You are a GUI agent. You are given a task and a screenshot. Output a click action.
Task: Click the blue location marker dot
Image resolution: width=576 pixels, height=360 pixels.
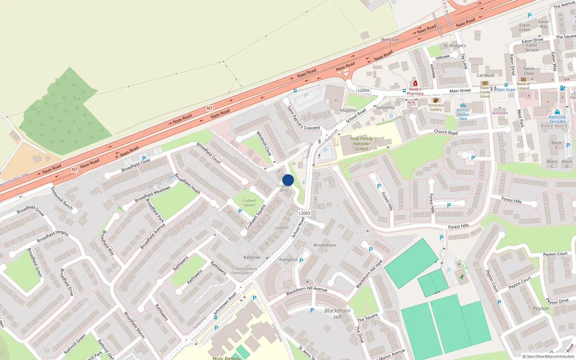coord(288,180)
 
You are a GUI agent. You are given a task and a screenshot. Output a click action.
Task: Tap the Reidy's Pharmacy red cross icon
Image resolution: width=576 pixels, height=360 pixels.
coord(415,84)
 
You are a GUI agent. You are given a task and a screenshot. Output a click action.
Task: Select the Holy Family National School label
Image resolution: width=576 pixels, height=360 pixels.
coord(361,144)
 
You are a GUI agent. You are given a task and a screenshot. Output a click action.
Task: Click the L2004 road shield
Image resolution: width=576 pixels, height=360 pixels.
coord(363,90)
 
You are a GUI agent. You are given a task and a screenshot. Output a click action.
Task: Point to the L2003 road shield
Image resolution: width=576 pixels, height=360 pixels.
coord(304,213)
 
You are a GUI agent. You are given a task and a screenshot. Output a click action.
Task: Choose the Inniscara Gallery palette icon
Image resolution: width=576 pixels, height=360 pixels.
coord(436,100)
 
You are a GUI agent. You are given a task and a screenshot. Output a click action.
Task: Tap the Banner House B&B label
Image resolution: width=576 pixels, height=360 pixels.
coord(463,114)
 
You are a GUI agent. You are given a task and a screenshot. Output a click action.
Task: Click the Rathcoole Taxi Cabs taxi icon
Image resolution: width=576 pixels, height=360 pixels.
coord(557,112)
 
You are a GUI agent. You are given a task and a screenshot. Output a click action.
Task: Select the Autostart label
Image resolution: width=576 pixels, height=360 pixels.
coord(500,113)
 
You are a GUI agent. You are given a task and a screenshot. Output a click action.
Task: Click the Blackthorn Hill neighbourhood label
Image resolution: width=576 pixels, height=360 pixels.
coord(337,314)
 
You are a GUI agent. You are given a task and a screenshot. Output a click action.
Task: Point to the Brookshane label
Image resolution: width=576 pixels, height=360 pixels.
coord(325,245)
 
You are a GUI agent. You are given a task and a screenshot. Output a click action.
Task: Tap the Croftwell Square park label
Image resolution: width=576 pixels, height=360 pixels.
coord(249,203)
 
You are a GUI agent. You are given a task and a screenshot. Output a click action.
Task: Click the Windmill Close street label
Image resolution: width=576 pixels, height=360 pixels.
coord(264,143)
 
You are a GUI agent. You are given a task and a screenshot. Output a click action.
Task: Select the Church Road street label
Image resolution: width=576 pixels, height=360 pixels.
coord(446,132)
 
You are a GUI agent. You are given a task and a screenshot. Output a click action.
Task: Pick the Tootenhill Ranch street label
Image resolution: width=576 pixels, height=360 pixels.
coord(62,198)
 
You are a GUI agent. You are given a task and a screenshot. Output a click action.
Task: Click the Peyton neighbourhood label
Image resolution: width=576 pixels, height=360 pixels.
coord(541,309)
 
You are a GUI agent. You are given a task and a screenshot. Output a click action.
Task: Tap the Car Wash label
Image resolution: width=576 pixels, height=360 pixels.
coord(485,76)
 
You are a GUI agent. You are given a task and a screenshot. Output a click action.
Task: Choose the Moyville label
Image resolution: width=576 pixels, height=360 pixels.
coord(348,111)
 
